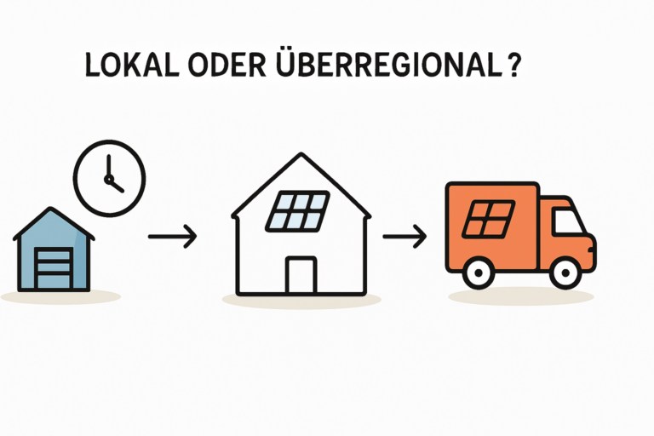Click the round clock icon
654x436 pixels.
(x=109, y=178)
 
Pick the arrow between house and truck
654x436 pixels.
(x=404, y=236)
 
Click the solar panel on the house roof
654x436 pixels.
(x=296, y=209)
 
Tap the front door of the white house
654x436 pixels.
(x=300, y=274)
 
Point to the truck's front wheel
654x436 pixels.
(x=565, y=272)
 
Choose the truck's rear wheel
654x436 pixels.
(x=479, y=272)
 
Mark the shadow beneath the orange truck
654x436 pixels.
(x=519, y=296)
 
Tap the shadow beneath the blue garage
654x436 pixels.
(x=60, y=296)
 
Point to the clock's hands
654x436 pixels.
(x=111, y=179)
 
